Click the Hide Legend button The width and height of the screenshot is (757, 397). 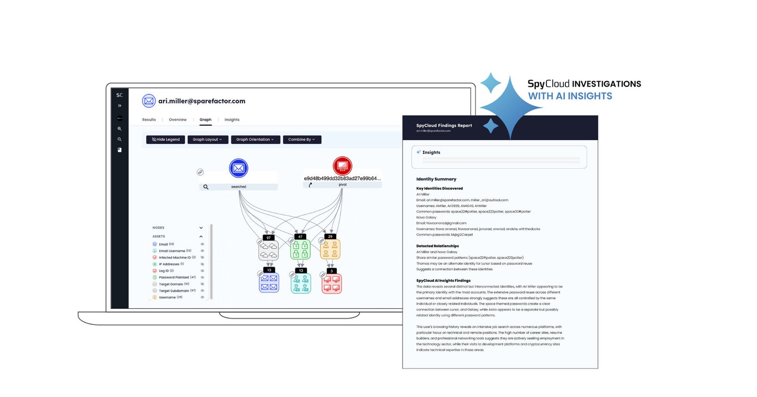coord(166,140)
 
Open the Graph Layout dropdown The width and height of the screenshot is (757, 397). coord(207,140)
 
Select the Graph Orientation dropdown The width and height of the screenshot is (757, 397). coord(255,140)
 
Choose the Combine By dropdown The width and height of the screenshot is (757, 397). coord(301,140)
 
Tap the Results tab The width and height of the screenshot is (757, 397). coord(149,120)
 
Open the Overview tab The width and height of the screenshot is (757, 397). coord(177,120)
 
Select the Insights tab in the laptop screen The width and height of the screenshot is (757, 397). coord(232,120)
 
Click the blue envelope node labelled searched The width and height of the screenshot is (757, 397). coord(238,168)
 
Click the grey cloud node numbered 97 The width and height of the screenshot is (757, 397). coord(269,250)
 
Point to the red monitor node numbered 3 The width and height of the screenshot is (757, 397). coord(332,283)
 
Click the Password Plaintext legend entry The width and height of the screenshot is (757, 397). coord(174,278)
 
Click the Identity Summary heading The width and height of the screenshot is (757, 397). coord(436,179)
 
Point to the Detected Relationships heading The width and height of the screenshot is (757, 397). coord(438,246)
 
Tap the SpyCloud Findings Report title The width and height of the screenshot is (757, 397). coord(444,126)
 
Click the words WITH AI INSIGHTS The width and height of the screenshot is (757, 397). coord(570,96)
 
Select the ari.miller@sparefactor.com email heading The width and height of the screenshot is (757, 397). coord(202,101)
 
